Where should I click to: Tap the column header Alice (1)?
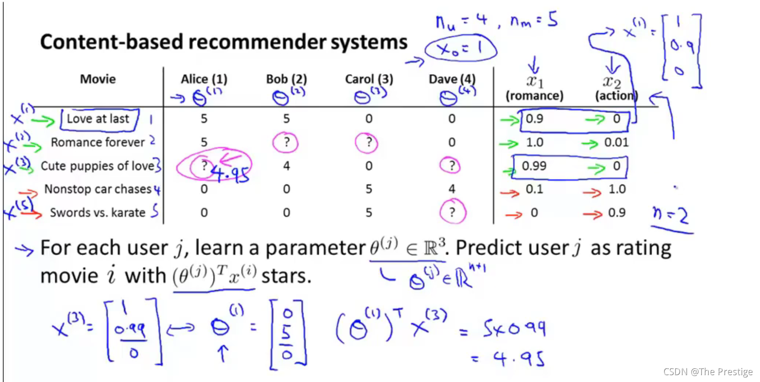coord(204,79)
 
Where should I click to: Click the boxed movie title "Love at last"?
coord(98,119)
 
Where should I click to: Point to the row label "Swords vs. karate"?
coord(98,212)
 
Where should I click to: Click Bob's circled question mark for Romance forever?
coord(286,143)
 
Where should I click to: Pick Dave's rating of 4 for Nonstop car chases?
coord(452,189)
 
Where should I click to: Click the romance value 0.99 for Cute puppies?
coord(533,166)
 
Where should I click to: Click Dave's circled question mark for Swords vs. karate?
coord(452,212)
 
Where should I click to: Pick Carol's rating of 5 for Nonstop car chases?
coord(369,189)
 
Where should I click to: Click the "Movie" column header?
coord(98,79)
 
